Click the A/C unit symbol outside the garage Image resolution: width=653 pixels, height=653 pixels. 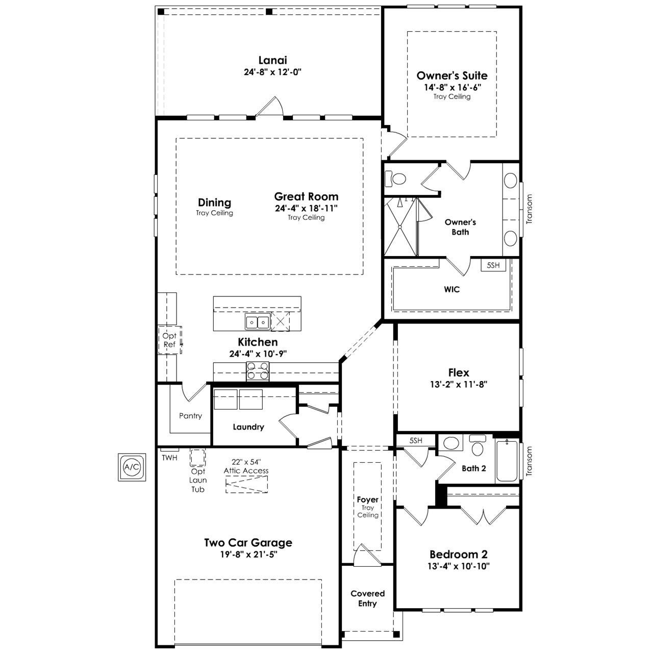tap(132, 467)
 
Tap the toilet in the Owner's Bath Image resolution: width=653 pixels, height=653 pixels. tap(395, 179)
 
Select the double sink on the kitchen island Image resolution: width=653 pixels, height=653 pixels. tap(258, 321)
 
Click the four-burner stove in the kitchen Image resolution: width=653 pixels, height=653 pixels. tap(258, 371)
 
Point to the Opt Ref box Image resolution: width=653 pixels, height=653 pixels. tap(170, 340)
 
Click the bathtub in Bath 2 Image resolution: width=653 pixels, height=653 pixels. tap(507, 461)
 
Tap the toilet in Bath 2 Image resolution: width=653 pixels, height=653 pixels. tap(478, 446)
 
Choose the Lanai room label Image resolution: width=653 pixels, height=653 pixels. tap(273, 60)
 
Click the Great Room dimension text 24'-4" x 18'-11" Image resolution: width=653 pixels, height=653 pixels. tap(306, 208)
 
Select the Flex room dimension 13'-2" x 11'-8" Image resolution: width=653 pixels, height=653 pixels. tap(459, 384)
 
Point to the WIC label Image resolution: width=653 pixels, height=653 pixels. tap(451, 289)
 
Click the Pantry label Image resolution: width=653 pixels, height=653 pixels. tap(190, 416)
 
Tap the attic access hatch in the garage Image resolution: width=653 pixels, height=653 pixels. tap(246, 484)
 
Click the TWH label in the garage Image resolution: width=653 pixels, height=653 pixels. tap(169, 458)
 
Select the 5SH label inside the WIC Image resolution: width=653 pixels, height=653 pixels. tap(493, 265)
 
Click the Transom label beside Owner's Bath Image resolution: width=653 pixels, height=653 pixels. tap(530, 209)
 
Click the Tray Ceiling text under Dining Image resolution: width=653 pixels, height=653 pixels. tap(214, 213)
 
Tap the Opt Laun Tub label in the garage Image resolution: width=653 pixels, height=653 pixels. tap(198, 480)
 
